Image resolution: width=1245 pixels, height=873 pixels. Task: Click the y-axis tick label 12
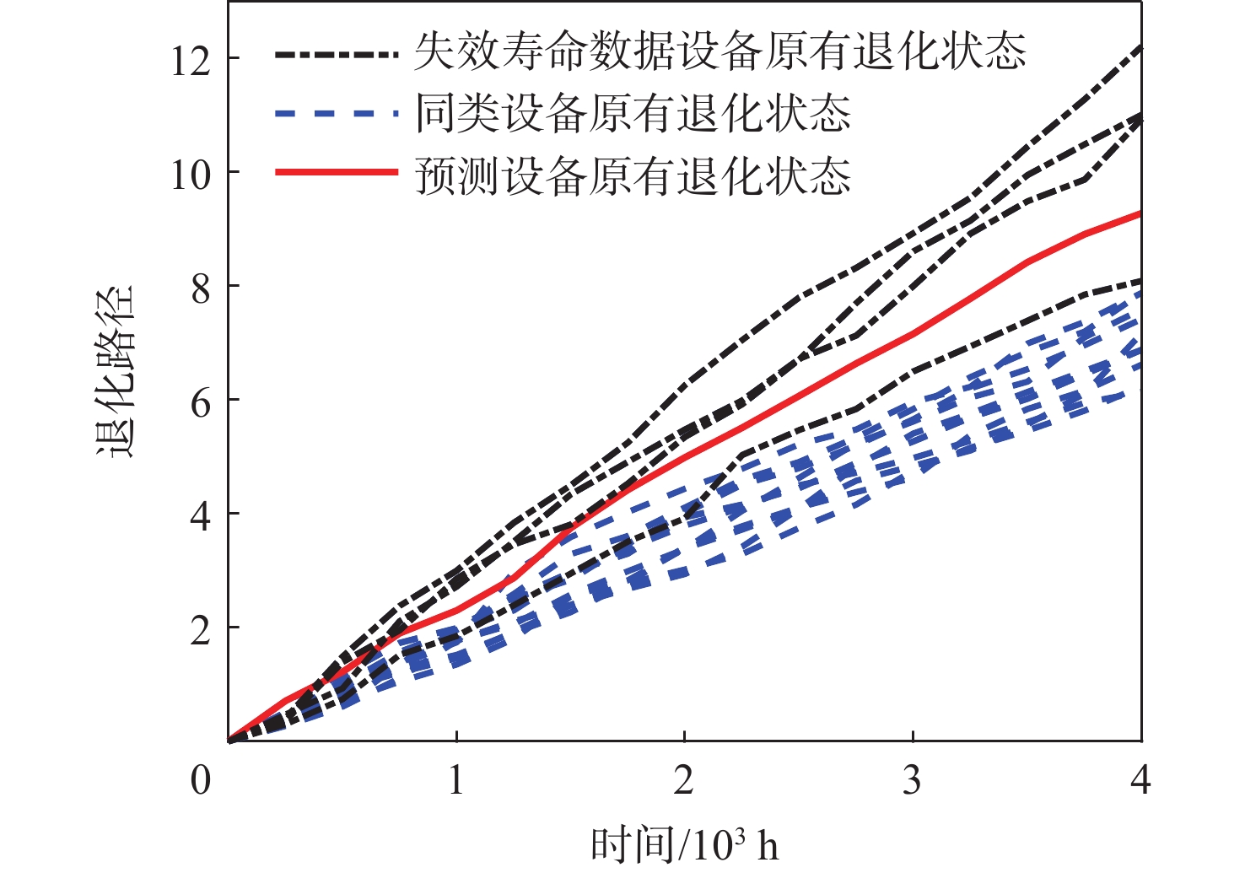191,61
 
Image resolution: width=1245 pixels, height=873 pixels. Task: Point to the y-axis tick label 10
191,175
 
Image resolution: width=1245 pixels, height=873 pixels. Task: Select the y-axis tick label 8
201,288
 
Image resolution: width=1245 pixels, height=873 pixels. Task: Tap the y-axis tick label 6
201,402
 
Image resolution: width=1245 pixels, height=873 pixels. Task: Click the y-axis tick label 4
201,516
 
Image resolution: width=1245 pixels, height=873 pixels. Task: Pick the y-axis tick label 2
201,630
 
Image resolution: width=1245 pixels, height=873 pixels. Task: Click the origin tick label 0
201,780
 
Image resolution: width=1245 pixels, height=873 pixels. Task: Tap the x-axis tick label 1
456,780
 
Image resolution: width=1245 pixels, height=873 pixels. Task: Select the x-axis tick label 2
684,780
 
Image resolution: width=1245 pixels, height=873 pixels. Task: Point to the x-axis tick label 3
912,780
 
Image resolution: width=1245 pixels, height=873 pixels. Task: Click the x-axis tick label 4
1140,780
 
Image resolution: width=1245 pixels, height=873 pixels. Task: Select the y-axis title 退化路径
115,371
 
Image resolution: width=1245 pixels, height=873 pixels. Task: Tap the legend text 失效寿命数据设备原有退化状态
720,52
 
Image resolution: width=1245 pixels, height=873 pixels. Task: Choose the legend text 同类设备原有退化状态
633,113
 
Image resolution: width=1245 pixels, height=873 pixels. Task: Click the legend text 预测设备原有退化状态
633,175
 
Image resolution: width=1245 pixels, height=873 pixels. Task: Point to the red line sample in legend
336,172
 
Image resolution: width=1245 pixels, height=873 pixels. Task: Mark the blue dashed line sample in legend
336,112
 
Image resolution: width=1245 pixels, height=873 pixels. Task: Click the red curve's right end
1140,214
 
